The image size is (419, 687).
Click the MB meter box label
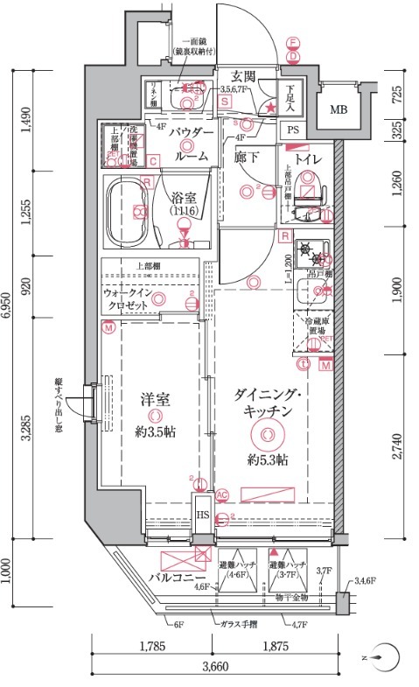click(x=338, y=110)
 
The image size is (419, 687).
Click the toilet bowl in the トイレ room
click(x=309, y=187)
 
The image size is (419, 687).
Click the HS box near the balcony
click(x=202, y=515)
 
